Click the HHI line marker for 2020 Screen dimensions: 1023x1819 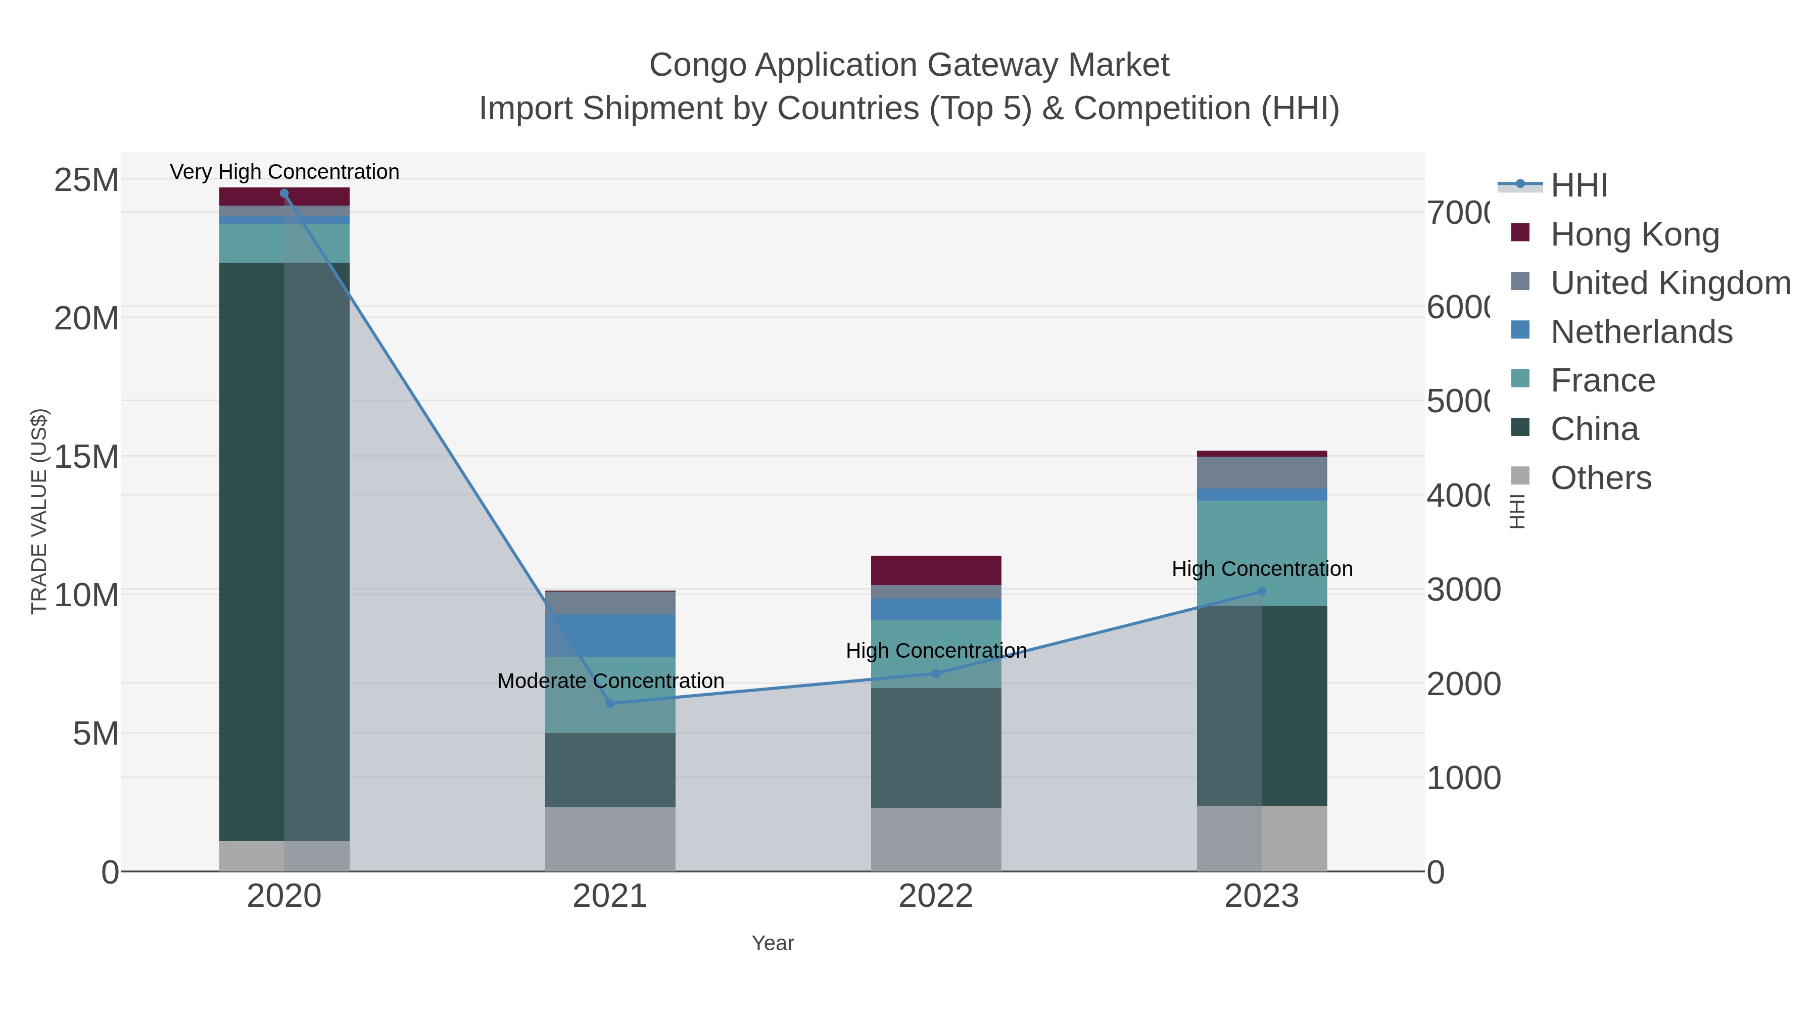[x=284, y=193]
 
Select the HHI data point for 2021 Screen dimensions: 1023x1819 [x=610, y=703]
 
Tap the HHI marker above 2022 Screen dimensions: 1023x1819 [x=936, y=673]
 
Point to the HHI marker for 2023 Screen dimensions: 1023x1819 [x=1262, y=592]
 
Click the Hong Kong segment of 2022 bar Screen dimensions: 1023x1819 [x=936, y=570]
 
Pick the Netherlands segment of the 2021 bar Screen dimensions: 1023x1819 [x=610, y=636]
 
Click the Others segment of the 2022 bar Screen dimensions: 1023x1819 [x=936, y=840]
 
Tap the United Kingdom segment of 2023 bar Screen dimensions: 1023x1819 [x=1262, y=472]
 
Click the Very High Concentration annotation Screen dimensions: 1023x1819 [x=284, y=172]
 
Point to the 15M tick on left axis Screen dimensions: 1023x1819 [x=86, y=457]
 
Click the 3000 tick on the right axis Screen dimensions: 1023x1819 [x=1463, y=590]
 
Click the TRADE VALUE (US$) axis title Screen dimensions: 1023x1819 [x=39, y=511]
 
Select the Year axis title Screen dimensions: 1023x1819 [x=773, y=943]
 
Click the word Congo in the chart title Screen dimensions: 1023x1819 [x=698, y=65]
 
